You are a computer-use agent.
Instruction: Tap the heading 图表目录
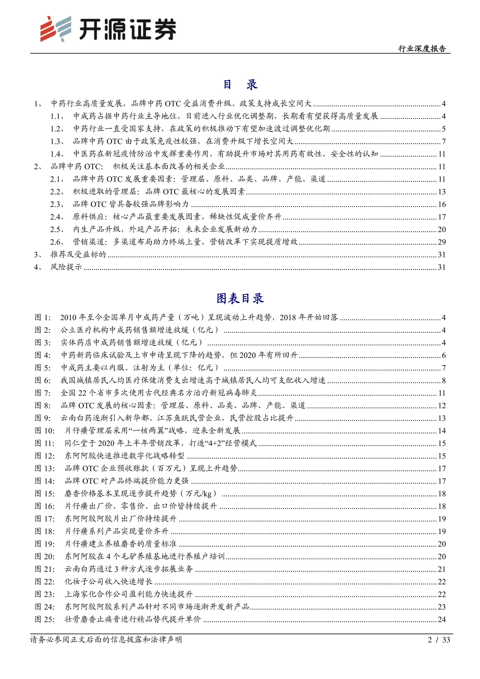pyautogui.click(x=240, y=298)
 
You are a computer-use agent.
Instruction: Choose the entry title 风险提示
pyautogui.click(x=66, y=267)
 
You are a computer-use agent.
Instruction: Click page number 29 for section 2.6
pyautogui.click(x=441, y=242)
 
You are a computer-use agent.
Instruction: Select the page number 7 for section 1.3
pyautogui.click(x=443, y=141)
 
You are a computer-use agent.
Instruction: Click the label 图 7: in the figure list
pyautogui.click(x=43, y=393)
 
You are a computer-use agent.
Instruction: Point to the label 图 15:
pyautogui.click(x=45, y=494)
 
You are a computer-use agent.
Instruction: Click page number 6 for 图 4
pyautogui.click(x=443, y=355)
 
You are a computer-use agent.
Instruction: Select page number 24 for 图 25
pyautogui.click(x=441, y=619)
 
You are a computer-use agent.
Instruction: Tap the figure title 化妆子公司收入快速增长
pyautogui.click(x=109, y=581)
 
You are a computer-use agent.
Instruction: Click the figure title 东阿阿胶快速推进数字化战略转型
pyautogui.click(x=124, y=456)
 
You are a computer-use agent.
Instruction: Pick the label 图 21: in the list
pyautogui.click(x=45, y=569)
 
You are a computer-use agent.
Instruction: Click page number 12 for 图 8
pyautogui.click(x=441, y=406)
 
